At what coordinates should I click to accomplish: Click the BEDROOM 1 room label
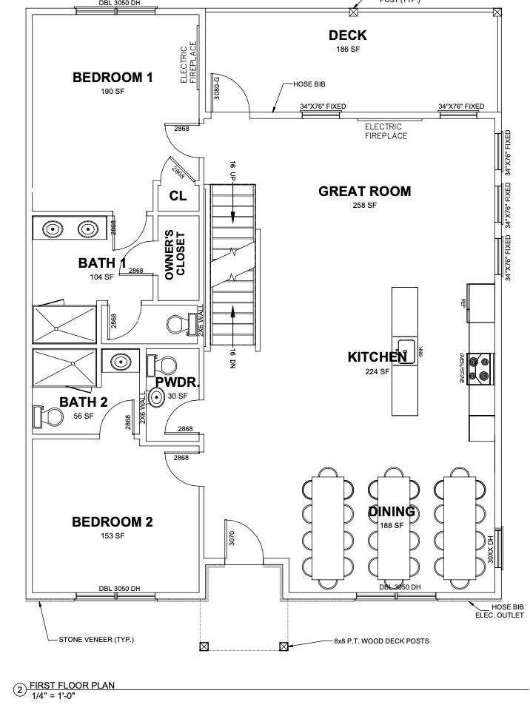(x=113, y=78)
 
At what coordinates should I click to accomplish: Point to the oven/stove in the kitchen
(x=482, y=368)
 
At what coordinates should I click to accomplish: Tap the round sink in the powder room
(x=157, y=398)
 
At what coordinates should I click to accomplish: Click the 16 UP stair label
(x=232, y=169)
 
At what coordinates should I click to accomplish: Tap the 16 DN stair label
(x=232, y=358)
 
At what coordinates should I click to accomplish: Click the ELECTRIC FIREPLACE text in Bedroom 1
(x=189, y=63)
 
